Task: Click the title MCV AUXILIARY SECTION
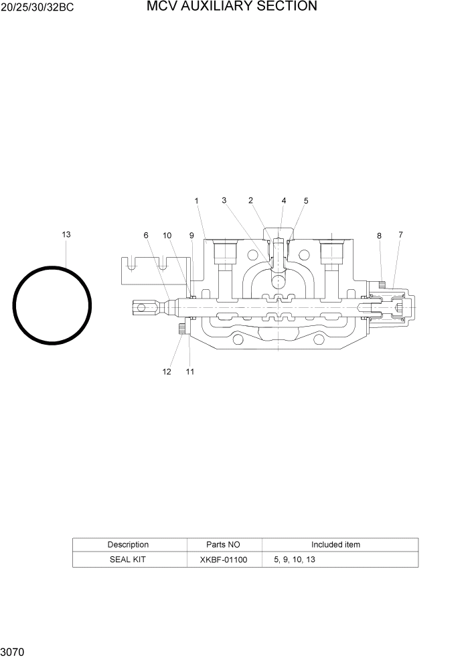pyautogui.click(x=232, y=7)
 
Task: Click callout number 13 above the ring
pyautogui.click(x=66, y=234)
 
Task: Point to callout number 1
pyautogui.click(x=197, y=201)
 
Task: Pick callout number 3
pyautogui.click(x=224, y=200)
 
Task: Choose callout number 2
pyautogui.click(x=250, y=200)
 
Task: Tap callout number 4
pyautogui.click(x=283, y=200)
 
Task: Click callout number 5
pyautogui.click(x=306, y=201)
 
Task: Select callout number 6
pyautogui.click(x=145, y=235)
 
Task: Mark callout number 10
pyautogui.click(x=167, y=235)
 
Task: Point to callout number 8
pyautogui.click(x=379, y=236)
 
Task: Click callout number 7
pyautogui.click(x=400, y=234)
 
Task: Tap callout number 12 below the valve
pyautogui.click(x=167, y=372)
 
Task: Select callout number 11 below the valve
pyautogui.click(x=190, y=372)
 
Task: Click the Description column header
pyautogui.click(x=128, y=545)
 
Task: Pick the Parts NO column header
pyautogui.click(x=224, y=545)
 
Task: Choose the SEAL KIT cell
pyautogui.click(x=127, y=560)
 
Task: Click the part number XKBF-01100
pyautogui.click(x=224, y=560)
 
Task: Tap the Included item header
pyautogui.click(x=335, y=545)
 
